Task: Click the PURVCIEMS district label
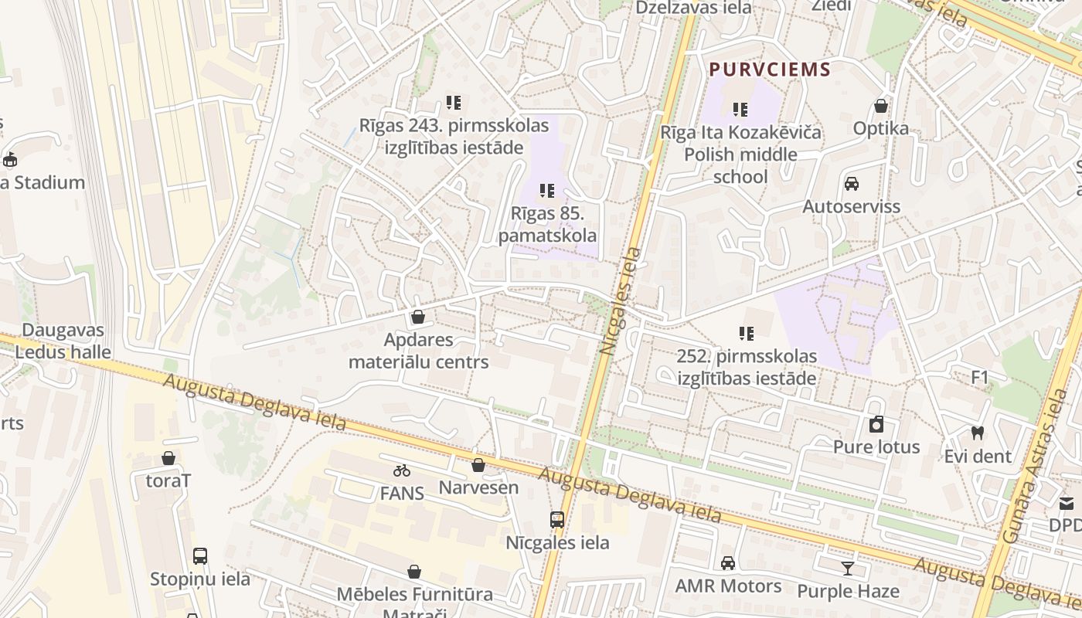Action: [x=770, y=70]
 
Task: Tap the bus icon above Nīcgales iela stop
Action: [x=557, y=520]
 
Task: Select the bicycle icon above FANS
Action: [x=401, y=470]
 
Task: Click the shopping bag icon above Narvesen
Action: [x=478, y=465]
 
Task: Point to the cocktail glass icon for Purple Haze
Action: [x=848, y=569]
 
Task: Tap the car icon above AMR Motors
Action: [x=728, y=563]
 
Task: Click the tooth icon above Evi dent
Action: [x=978, y=433]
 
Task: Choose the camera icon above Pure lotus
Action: [x=876, y=424]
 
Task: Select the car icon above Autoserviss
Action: [x=852, y=184]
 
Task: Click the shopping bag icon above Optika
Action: [x=881, y=106]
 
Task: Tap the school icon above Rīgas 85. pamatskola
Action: [x=547, y=190]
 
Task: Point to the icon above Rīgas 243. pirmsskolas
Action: [x=454, y=102]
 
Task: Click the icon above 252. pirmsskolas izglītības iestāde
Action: [x=746, y=334]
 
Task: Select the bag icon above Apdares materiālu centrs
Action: [x=418, y=317]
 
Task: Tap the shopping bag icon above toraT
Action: [x=168, y=458]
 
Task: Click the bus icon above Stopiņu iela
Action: [x=200, y=555]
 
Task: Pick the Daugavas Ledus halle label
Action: [x=63, y=341]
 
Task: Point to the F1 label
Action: [x=980, y=378]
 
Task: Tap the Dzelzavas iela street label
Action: [x=693, y=8]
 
